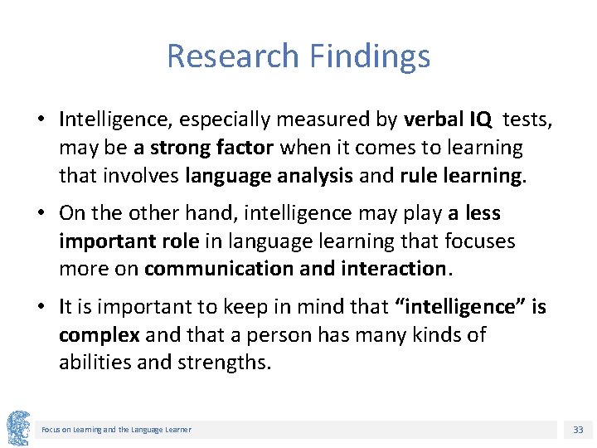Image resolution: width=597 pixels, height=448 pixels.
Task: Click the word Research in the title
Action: [x=232, y=56]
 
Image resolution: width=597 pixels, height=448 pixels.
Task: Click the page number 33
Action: [x=578, y=430]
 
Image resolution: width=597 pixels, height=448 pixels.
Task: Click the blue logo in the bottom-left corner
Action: [x=17, y=428]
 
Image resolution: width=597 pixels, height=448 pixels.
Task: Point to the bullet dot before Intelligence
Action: [x=40, y=119]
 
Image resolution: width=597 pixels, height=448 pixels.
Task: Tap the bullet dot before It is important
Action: [x=40, y=307]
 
